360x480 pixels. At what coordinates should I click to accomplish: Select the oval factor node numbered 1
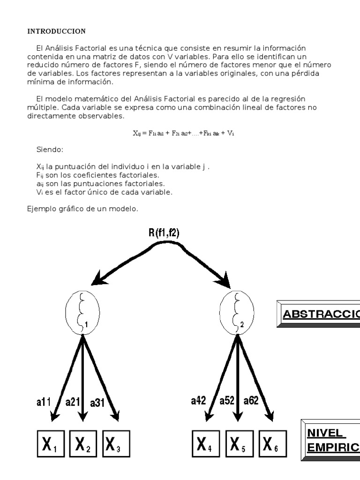click(x=82, y=310)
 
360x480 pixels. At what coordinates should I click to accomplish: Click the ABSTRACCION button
click(x=320, y=314)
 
